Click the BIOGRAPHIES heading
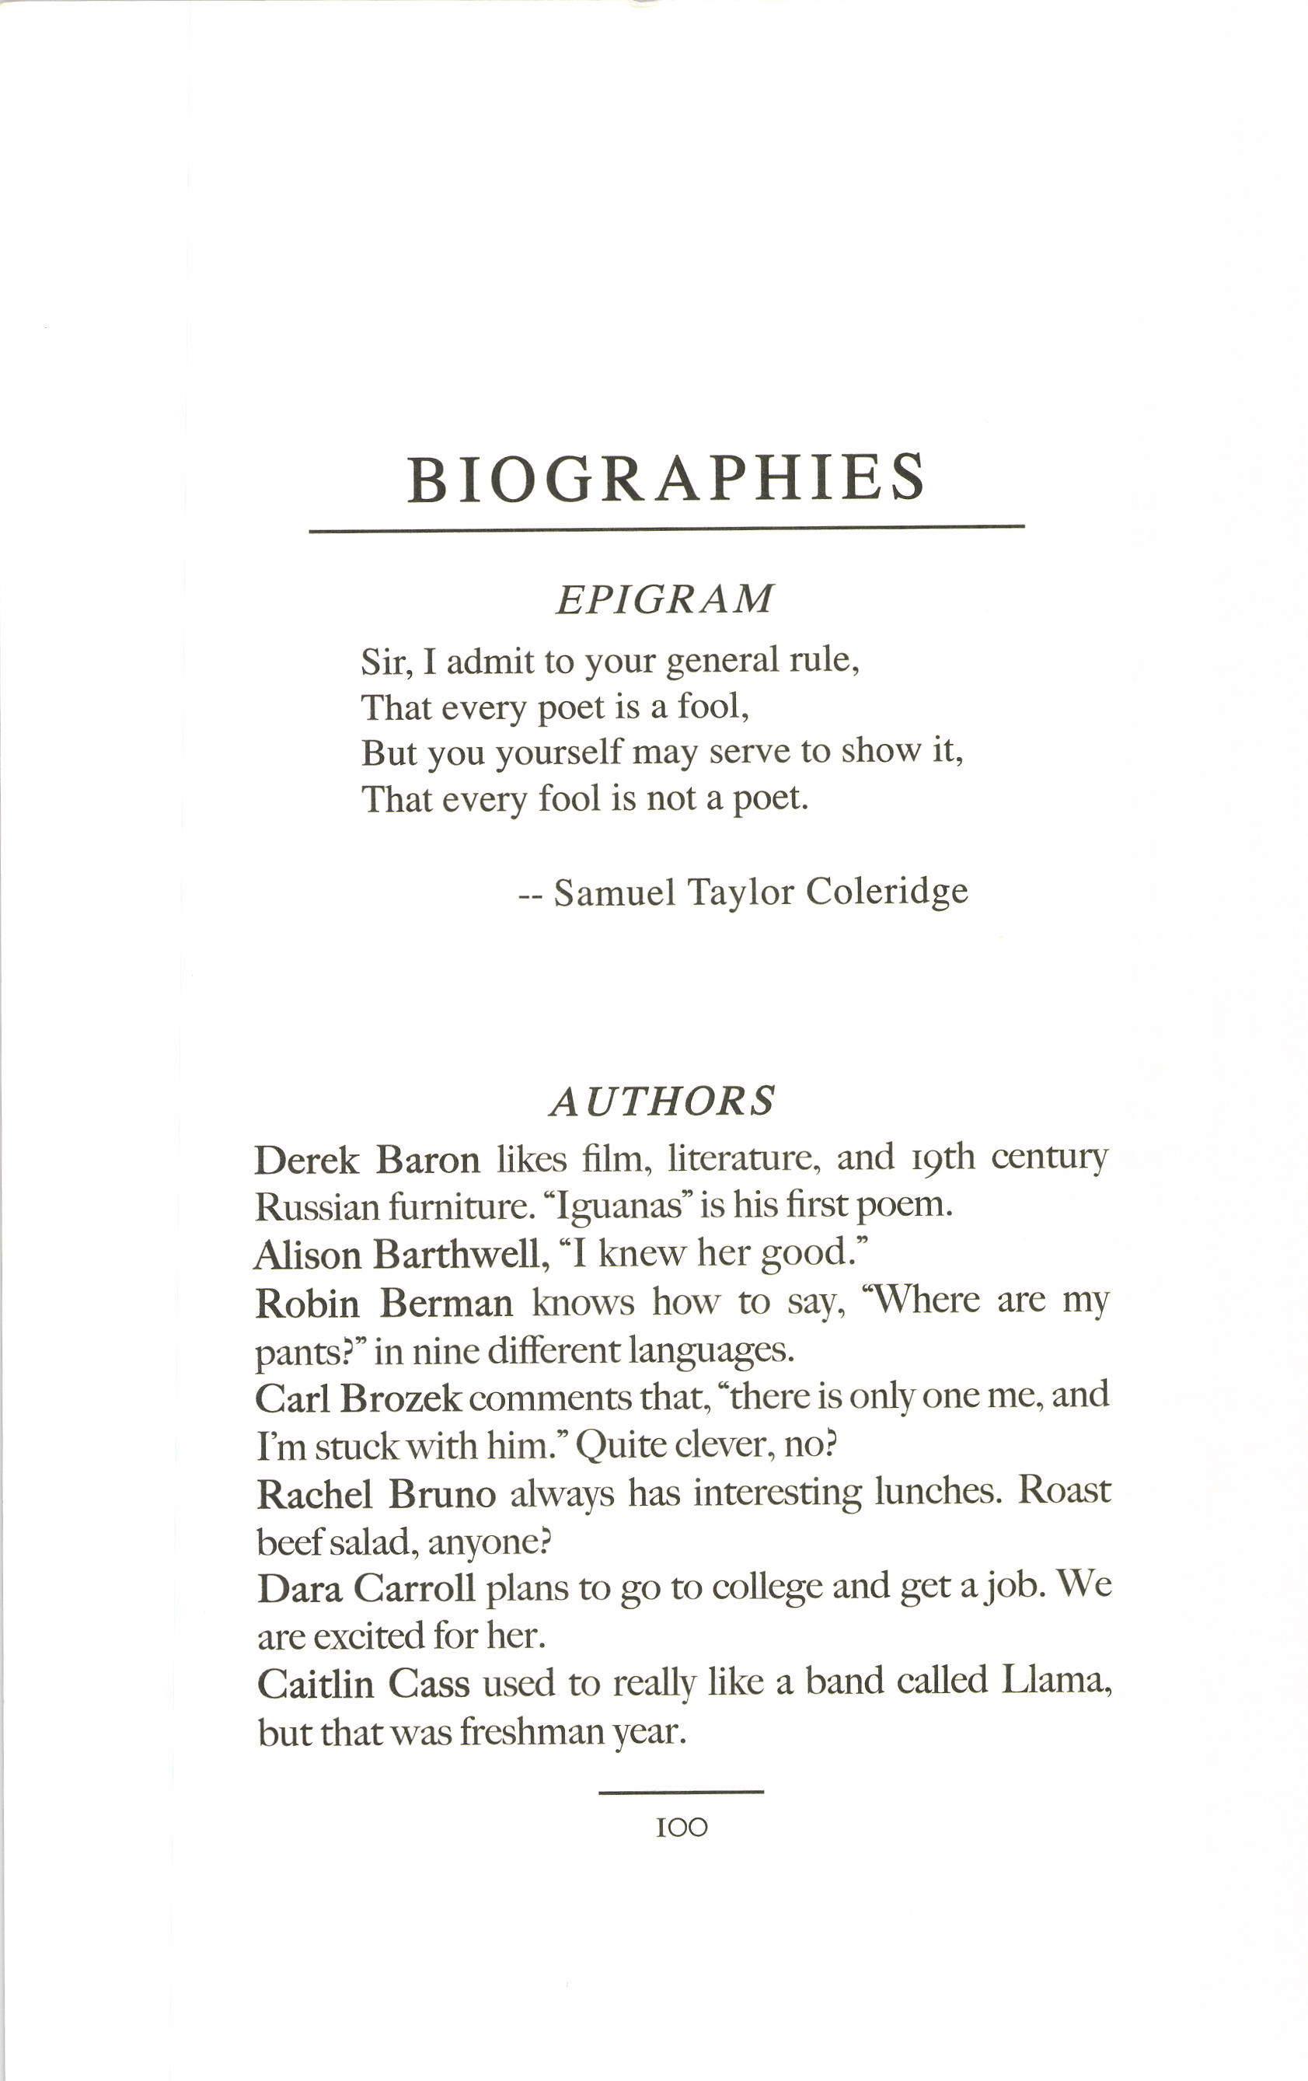click(x=665, y=479)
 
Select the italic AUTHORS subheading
click(x=663, y=1101)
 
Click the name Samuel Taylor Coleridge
click(x=760, y=892)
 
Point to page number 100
click(x=682, y=1828)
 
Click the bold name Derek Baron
click(x=367, y=1160)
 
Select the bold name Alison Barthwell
click(x=398, y=1255)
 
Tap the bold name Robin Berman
click(x=384, y=1303)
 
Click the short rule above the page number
click(x=681, y=1793)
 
